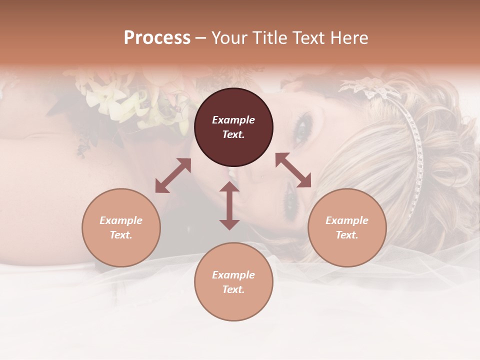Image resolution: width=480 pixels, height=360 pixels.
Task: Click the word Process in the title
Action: pyautogui.click(x=157, y=38)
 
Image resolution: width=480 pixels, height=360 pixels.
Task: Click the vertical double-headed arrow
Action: pyautogui.click(x=229, y=206)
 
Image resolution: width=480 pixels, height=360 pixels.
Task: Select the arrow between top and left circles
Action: pyautogui.click(x=173, y=175)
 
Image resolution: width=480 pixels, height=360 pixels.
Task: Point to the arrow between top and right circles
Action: pyautogui.click(x=293, y=170)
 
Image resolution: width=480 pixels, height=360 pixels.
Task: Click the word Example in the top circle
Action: pyautogui.click(x=233, y=120)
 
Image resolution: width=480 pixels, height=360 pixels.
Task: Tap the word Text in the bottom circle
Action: pyautogui.click(x=233, y=289)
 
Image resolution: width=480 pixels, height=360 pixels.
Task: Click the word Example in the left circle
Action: pyautogui.click(x=121, y=220)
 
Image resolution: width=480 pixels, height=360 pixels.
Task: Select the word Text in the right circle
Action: pyautogui.click(x=347, y=235)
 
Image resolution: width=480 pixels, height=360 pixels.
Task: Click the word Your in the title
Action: pyautogui.click(x=229, y=38)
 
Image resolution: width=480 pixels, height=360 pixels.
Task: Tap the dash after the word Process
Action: pyautogui.click(x=200, y=38)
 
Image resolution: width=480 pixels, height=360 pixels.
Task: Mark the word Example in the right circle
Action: pyautogui.click(x=347, y=220)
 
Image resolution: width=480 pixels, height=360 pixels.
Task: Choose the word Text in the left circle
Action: pyautogui.click(x=121, y=235)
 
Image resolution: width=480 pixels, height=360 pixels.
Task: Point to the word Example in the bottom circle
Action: pyautogui.click(x=233, y=275)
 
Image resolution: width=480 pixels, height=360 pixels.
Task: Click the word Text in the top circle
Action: pyautogui.click(x=233, y=134)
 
